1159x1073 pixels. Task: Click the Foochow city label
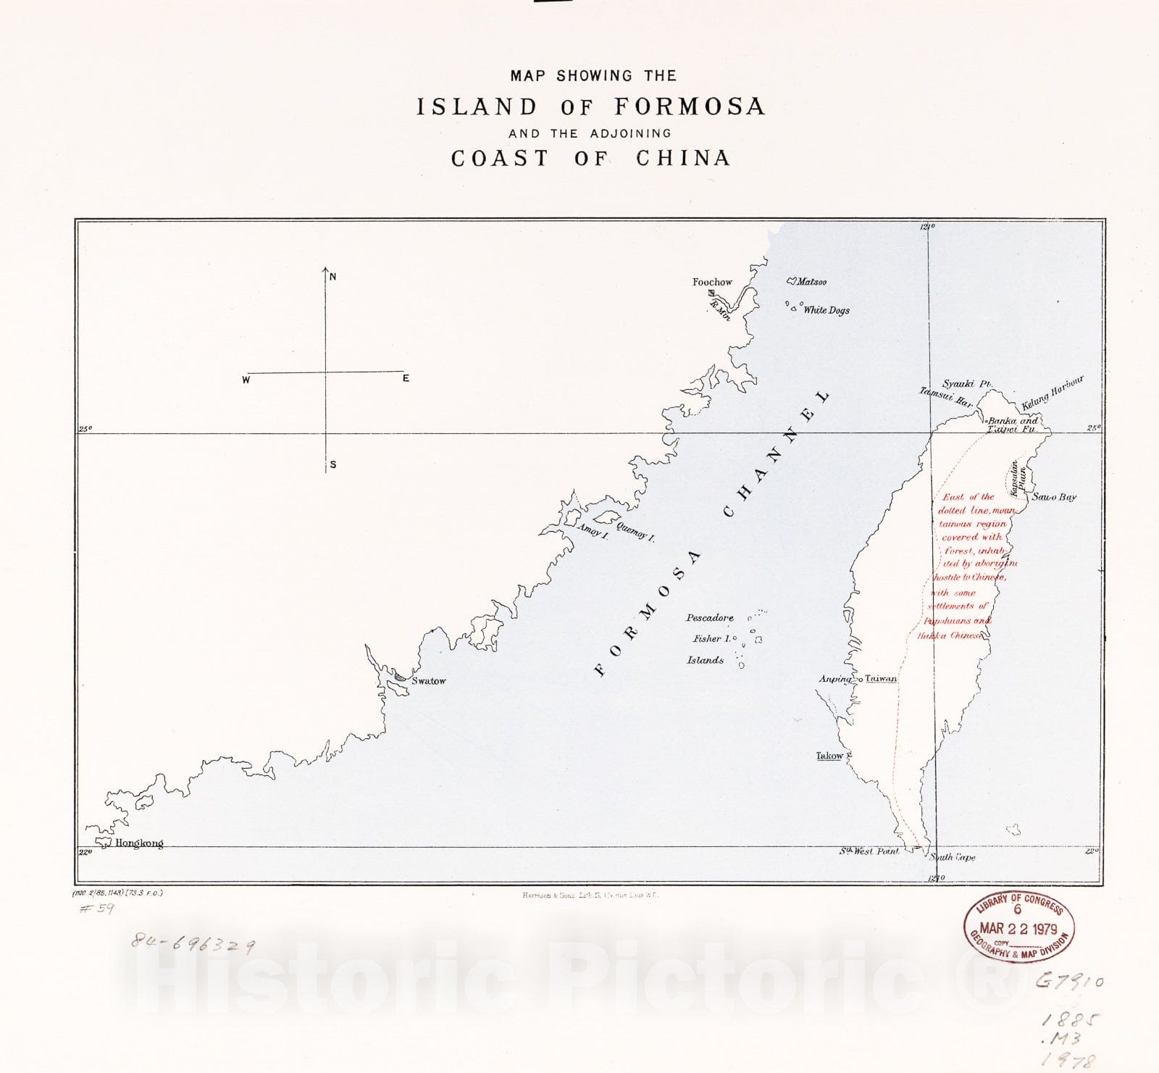pos(712,282)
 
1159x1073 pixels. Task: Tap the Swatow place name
pos(429,681)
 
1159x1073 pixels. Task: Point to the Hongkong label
pos(139,843)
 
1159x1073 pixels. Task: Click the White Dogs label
pos(827,310)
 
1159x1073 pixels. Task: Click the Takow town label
pos(829,756)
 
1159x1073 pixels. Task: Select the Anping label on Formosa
pos(835,679)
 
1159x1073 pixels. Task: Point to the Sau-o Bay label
pos(1054,497)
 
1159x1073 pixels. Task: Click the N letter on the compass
pos(333,277)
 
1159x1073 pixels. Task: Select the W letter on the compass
pos(246,380)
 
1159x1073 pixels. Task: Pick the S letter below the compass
pos(333,464)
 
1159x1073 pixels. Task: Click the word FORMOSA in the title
pos(690,107)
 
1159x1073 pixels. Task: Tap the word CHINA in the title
pos(683,158)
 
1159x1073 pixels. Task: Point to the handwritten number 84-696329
pos(192,943)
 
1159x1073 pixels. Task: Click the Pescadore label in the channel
pos(710,618)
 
